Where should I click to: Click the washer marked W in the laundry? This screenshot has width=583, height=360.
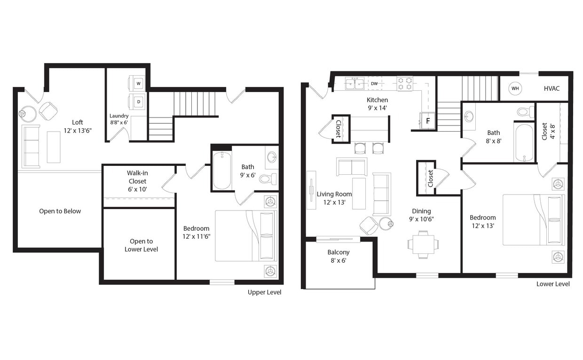(138, 84)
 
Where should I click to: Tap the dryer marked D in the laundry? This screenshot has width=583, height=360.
(138, 102)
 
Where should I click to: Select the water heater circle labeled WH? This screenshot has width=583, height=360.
(515, 88)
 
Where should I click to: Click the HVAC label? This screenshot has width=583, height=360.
(551, 88)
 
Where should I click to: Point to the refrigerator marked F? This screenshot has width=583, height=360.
(427, 120)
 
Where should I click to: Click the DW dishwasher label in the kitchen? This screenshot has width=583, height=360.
(374, 84)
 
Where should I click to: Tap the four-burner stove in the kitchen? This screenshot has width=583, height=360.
(405, 84)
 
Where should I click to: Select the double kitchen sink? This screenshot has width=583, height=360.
(355, 84)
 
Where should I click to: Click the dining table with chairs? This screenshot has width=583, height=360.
(423, 244)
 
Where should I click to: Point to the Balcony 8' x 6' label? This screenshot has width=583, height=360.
(339, 256)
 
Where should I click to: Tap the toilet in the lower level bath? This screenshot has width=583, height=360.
(525, 112)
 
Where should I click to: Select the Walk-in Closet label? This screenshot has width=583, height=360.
(137, 181)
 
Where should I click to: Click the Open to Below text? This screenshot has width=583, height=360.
(60, 211)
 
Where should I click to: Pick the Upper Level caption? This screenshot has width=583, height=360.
(264, 292)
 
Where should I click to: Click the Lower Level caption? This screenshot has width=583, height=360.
(553, 284)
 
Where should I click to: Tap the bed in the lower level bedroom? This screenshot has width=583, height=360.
(534, 220)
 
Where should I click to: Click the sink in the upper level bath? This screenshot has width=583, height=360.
(272, 157)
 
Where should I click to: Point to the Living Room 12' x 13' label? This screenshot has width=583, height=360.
(334, 198)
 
